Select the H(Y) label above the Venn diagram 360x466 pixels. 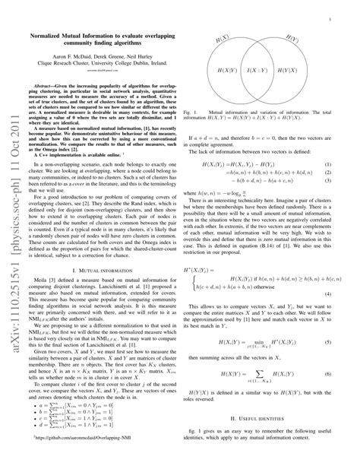click(x=292, y=38)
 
